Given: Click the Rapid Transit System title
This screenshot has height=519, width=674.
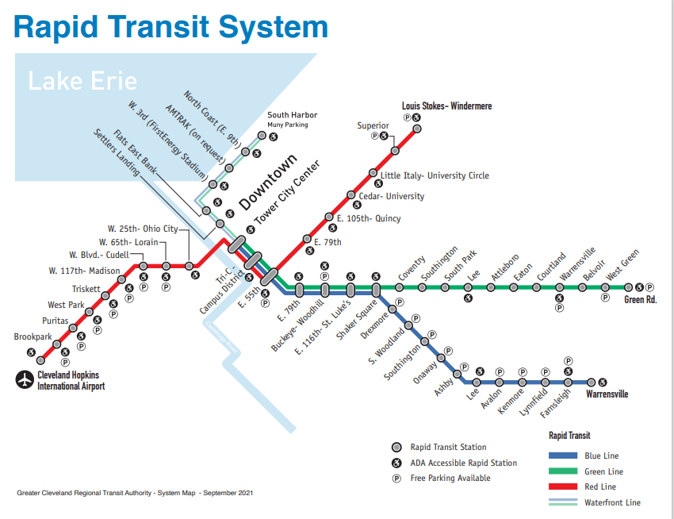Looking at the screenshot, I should (170, 26).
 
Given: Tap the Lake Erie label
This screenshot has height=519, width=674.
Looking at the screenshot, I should (82, 81).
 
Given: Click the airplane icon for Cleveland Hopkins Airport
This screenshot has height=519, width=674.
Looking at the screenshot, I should (25, 380).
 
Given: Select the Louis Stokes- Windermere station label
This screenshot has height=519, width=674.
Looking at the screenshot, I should (446, 106).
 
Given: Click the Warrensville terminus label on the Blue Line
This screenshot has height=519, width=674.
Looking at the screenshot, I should (607, 394).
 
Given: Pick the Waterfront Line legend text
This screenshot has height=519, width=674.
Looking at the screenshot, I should (613, 502).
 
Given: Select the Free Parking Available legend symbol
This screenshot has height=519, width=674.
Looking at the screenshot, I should (396, 478).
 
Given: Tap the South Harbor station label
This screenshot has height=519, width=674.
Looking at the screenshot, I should (292, 115).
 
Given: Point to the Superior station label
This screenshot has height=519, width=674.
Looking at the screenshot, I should (373, 125).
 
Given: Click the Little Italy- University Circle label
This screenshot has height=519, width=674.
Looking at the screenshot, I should (435, 175).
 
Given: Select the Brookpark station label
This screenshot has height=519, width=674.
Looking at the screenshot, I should (32, 337).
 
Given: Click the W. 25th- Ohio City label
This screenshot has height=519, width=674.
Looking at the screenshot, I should (144, 229).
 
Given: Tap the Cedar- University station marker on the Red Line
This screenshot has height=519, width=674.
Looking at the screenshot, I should (351, 194).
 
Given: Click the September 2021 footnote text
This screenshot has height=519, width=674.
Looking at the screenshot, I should (135, 493).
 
